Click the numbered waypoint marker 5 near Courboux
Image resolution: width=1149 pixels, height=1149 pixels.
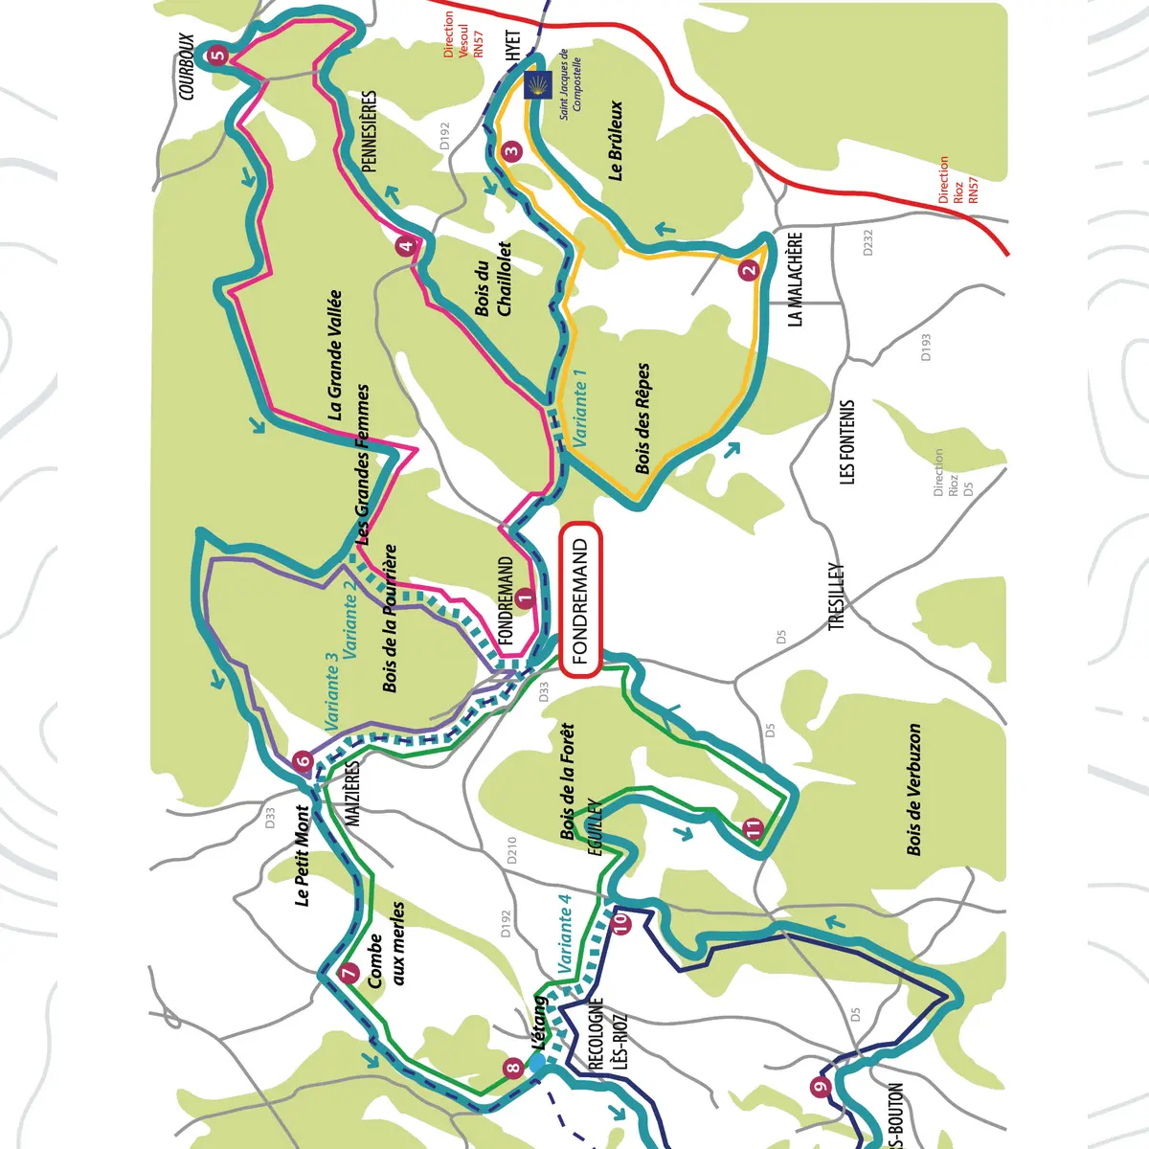[217, 56]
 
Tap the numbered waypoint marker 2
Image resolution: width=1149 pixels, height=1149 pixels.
[748, 270]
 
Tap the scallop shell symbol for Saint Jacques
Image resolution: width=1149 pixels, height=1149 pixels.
[538, 85]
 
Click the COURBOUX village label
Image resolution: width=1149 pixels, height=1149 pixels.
[187, 67]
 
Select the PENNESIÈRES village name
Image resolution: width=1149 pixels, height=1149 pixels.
[371, 132]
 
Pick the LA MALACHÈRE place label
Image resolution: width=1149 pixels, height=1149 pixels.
[795, 280]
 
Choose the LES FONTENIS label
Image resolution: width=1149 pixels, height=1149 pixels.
[846, 442]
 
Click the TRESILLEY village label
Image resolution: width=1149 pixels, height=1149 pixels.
[837, 596]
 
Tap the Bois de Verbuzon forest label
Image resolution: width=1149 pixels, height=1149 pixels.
[914, 790]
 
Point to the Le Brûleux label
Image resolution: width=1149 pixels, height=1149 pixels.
[616, 141]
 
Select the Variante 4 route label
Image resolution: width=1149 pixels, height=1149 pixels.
[564, 934]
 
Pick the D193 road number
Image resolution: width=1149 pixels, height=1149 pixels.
[925, 347]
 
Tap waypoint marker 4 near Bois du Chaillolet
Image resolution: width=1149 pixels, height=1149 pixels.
[407, 246]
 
